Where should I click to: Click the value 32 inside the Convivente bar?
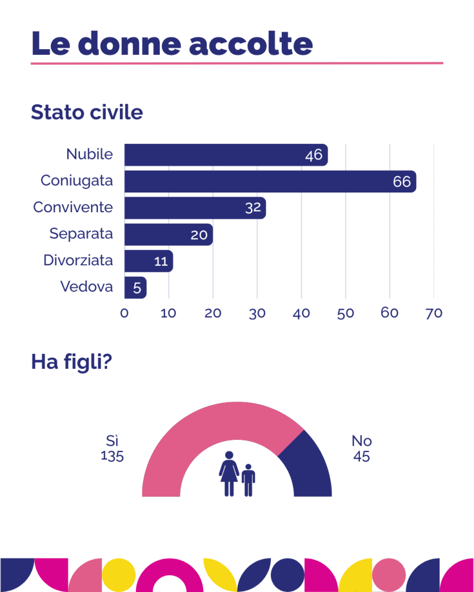253,208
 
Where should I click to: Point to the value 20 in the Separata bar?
200,235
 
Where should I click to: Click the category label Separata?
81,234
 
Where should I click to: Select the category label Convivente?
73,207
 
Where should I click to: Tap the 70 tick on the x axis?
433,313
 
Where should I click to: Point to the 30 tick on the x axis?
257,313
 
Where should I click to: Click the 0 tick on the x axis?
124,313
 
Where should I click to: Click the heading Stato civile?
87,112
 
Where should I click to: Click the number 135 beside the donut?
112,456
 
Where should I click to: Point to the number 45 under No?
362,456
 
